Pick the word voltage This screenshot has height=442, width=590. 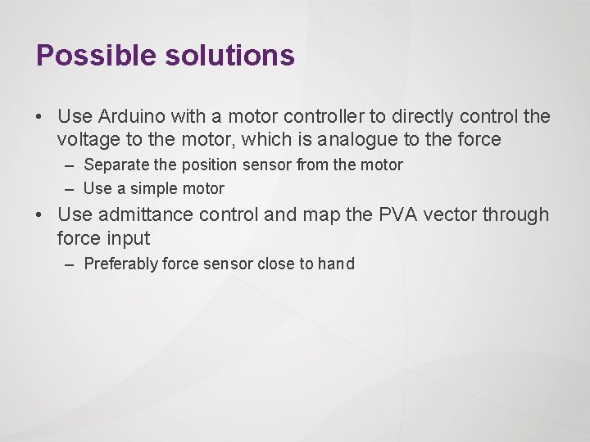coord(87,140)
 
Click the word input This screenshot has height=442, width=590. coord(128,239)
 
